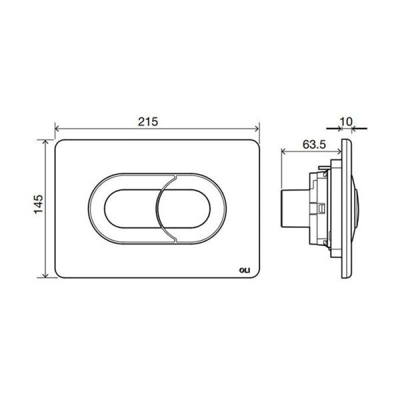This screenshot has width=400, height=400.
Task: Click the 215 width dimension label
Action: coord(148,122)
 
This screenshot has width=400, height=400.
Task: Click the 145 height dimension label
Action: coord(39,204)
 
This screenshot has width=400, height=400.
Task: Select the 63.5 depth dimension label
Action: coord(314,145)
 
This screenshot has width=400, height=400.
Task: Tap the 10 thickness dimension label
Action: coord(347,122)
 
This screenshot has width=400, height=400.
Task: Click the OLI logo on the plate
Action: coord(245,270)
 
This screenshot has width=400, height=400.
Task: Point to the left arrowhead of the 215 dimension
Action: coord(57,129)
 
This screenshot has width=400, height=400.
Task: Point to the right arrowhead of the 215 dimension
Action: coord(257,129)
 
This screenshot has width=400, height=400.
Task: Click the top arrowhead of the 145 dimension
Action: coord(45,142)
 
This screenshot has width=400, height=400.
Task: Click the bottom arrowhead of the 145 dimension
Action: coord(45,275)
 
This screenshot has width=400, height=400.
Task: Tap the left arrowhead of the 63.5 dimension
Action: coord(283,152)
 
